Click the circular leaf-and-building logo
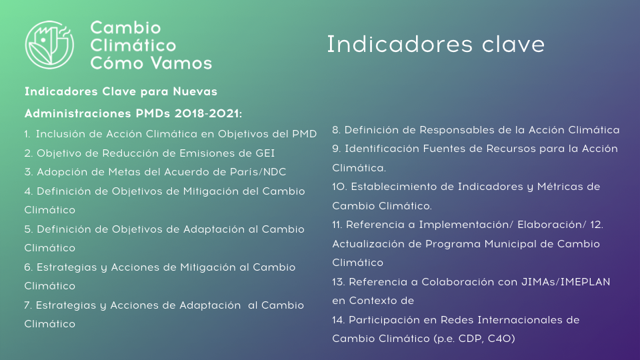pos(49,45)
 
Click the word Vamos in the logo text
pos(181,63)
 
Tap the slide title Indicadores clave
pos(436,44)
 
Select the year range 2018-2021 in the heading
pos(208,113)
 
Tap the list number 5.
pos(28,229)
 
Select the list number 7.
pos(28,305)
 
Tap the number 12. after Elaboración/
pos(596,225)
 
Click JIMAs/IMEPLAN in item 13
pos(566,281)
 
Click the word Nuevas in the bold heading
pos(195,91)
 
